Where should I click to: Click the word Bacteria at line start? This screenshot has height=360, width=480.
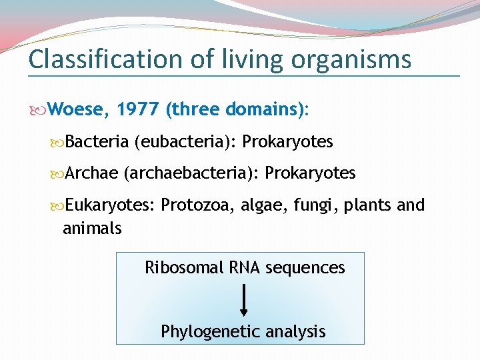tap(97, 142)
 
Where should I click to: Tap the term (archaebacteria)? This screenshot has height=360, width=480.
tap(191, 173)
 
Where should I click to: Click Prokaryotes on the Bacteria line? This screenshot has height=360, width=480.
tap(287, 142)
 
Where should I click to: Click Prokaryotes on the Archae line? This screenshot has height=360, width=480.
tap(311, 173)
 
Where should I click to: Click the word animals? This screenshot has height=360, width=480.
tap(92, 229)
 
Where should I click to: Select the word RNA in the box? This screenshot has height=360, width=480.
tap(245, 268)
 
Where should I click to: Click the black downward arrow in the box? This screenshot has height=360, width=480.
tap(244, 299)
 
